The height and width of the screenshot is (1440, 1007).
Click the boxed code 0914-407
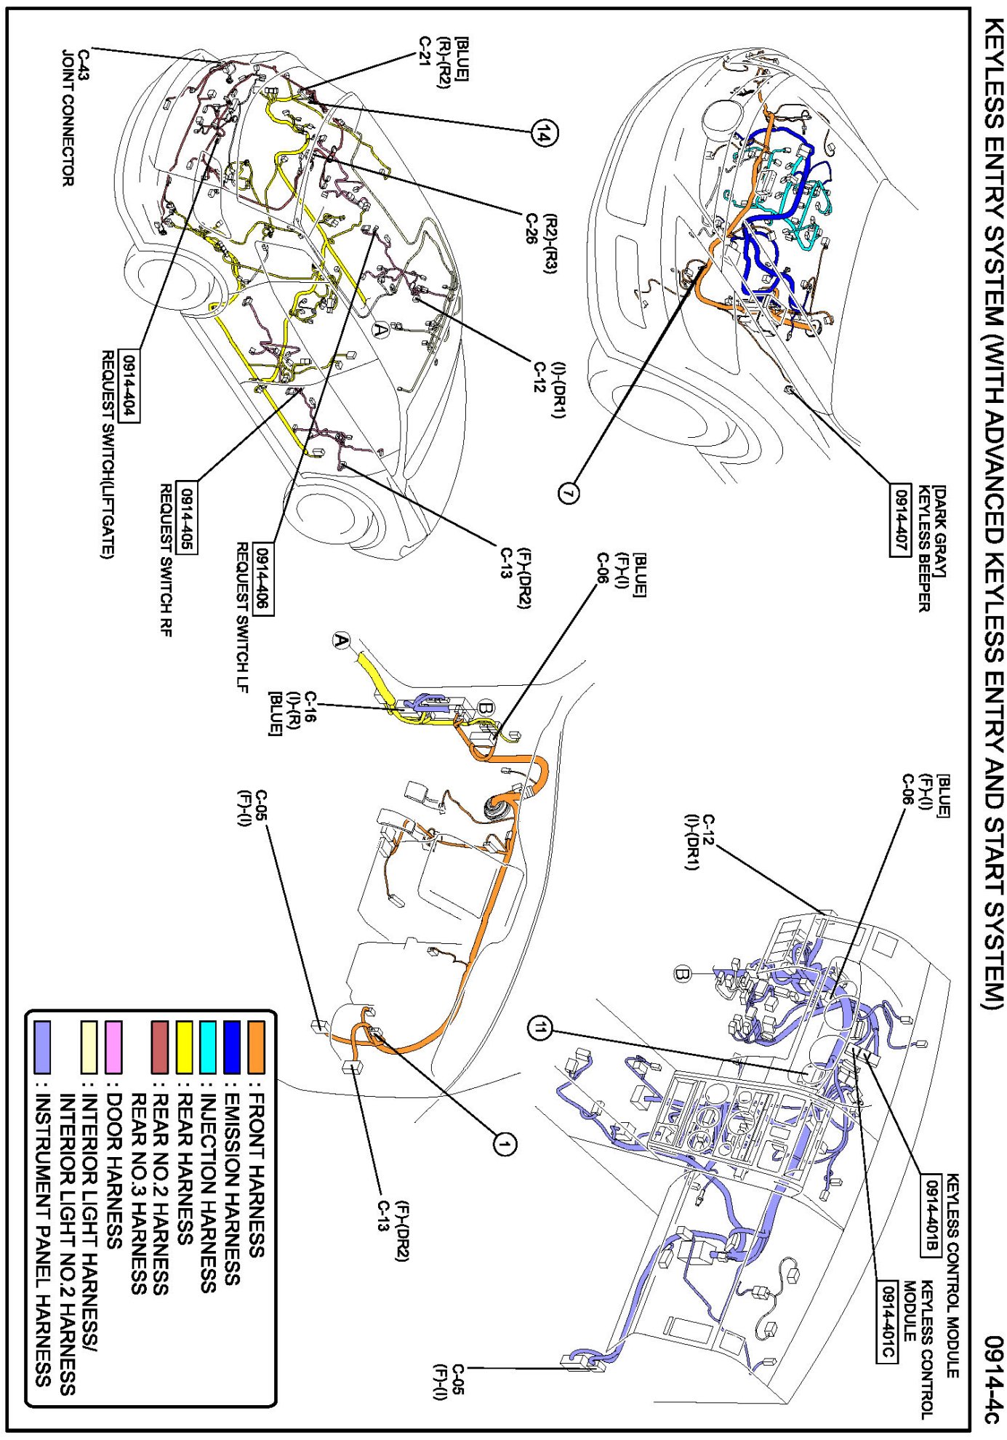[900, 519]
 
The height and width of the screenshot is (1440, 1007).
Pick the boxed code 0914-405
[187, 518]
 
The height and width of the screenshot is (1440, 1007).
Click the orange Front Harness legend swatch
[256, 1047]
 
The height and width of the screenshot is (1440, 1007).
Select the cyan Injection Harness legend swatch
[208, 1047]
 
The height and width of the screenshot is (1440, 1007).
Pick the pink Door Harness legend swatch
[113, 1047]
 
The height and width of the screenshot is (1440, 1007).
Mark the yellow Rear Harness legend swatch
[184, 1047]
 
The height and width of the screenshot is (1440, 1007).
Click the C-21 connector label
[426, 49]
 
